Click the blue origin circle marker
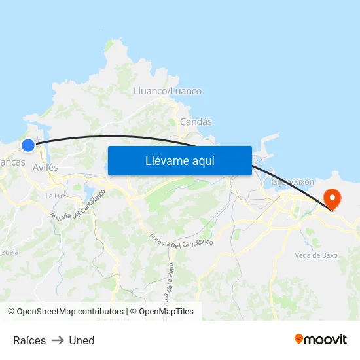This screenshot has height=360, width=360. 27,145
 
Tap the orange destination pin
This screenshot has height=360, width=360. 333,199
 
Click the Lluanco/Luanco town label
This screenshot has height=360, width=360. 167,91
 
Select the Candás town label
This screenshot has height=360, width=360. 196,122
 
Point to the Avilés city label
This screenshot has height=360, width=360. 45,168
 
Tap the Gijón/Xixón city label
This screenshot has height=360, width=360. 293,181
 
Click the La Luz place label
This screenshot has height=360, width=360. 54,196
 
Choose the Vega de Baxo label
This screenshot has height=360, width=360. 316,255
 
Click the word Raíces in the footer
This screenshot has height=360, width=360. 29,340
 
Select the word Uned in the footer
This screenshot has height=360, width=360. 82,340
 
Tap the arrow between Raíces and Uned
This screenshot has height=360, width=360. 58,340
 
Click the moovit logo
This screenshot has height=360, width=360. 320,339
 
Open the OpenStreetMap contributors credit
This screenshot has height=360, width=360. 65,312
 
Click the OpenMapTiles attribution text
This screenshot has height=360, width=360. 162,312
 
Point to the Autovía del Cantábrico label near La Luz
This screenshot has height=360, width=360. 78,205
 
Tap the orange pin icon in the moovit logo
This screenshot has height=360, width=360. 299,339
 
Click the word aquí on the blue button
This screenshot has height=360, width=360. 202,161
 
